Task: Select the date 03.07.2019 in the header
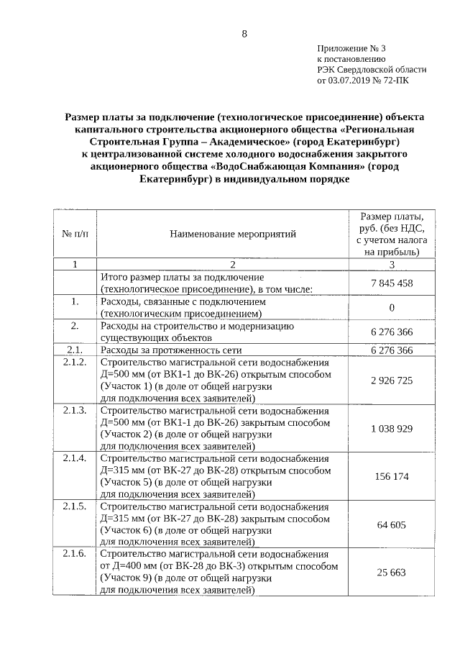point(351,81)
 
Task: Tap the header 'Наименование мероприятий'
point(233,234)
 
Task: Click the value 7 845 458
point(392,283)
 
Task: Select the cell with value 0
point(392,308)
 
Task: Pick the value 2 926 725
point(392,379)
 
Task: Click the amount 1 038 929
point(392,428)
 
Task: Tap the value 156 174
point(392,477)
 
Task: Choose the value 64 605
point(392,525)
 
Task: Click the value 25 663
point(392,573)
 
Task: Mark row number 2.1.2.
point(74,361)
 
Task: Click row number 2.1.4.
point(74,457)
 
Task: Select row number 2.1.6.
point(74,555)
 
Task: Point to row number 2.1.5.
point(74,506)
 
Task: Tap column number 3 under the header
point(392,265)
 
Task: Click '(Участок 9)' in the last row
point(126,579)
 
